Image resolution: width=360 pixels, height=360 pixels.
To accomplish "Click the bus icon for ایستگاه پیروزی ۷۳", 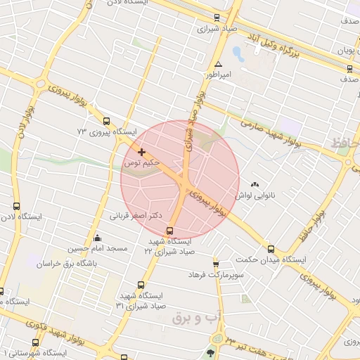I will click(106, 121).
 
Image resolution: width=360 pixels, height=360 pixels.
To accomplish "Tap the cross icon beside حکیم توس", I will click(142, 152).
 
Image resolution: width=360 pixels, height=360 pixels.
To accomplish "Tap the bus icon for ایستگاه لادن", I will click(16, 206).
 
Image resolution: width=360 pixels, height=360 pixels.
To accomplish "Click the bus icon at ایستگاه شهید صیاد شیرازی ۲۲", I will click(169, 231).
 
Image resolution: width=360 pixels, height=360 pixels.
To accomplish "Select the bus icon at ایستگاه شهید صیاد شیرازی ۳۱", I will click(141, 285).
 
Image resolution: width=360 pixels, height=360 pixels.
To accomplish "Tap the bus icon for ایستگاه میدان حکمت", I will click(271, 248).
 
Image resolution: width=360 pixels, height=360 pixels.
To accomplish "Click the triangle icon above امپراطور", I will click(218, 63).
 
